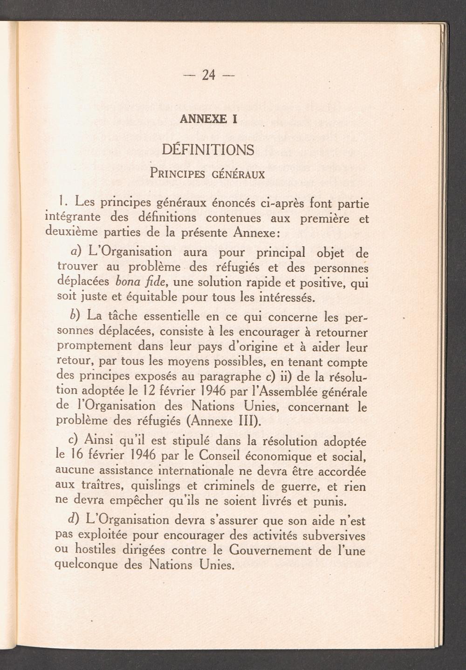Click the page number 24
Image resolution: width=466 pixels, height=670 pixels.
point(208,74)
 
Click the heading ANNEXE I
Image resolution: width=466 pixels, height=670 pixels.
point(208,119)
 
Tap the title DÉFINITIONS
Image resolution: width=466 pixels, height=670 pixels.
point(208,150)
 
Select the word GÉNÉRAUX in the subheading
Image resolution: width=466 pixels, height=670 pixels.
point(238,175)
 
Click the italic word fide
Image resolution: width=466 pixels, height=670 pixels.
point(157,282)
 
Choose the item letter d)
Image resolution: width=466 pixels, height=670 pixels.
point(75,519)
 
